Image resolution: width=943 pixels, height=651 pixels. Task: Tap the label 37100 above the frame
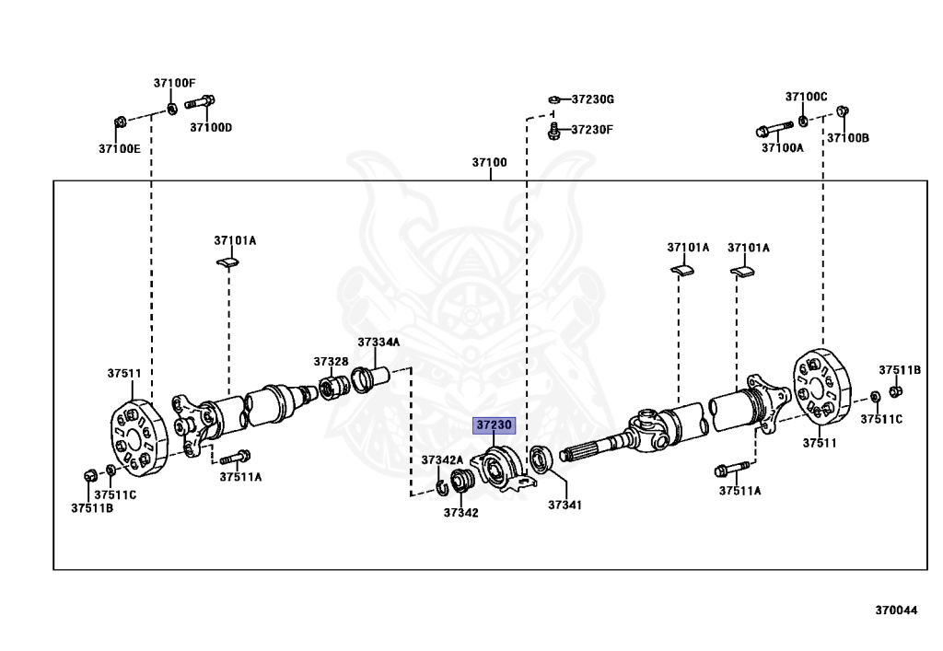click(490, 163)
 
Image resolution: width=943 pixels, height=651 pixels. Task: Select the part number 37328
click(331, 361)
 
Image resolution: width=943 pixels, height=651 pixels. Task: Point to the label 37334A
click(379, 343)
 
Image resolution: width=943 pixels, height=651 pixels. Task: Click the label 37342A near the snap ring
click(442, 459)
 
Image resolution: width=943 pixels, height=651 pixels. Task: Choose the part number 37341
click(565, 506)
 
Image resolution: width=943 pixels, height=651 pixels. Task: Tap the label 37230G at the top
click(592, 99)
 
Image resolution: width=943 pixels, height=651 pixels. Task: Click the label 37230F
click(591, 130)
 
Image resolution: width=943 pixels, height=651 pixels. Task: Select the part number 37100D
click(211, 127)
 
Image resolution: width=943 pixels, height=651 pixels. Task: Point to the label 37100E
click(121, 148)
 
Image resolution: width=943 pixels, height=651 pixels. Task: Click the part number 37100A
click(782, 147)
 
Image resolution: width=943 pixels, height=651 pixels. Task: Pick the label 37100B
click(847, 137)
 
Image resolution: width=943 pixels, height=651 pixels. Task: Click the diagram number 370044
click(896, 610)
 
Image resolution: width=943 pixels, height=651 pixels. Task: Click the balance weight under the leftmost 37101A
click(227, 263)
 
